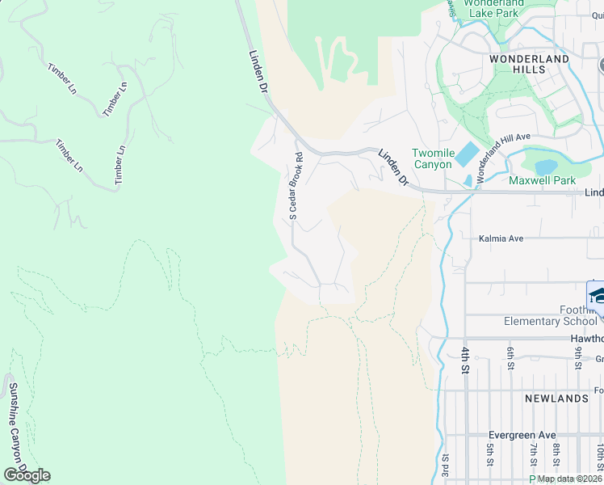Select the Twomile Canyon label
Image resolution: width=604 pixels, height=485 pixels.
point(434,158)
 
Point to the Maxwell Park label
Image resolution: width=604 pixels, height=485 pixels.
point(542,179)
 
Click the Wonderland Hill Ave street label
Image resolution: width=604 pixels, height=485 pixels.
point(502,158)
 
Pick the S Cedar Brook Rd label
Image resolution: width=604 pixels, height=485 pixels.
point(296,186)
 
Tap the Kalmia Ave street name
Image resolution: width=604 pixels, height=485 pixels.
point(501,238)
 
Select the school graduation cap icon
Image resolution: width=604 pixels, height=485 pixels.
point(597,294)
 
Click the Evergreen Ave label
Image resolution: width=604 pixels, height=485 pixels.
point(516,434)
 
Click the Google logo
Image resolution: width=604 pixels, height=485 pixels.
point(27,475)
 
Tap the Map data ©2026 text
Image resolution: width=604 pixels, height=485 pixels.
point(568,479)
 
